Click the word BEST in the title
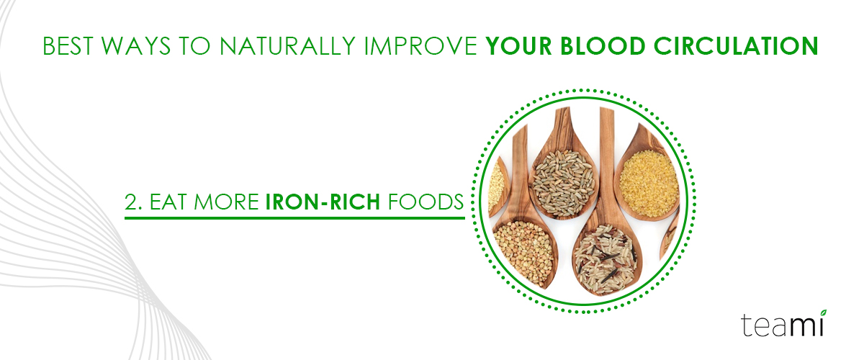(68, 46)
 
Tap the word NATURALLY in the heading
(287, 46)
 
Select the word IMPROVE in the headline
(420, 46)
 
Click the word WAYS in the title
(136, 46)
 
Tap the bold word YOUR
(519, 46)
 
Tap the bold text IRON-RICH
(323, 202)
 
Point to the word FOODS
(426, 202)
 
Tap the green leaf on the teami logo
(823, 313)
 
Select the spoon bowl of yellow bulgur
(648, 184)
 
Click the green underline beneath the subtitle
(294, 218)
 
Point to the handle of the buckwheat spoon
(520, 174)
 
